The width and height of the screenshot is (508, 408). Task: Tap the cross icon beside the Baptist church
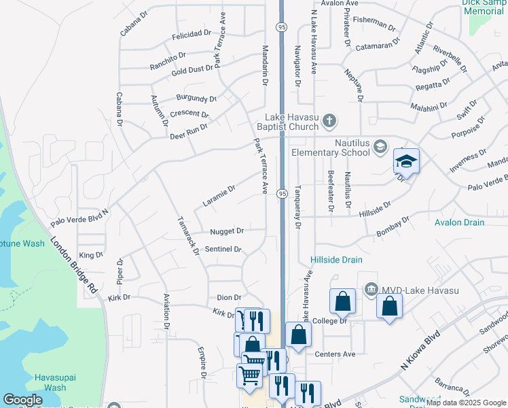coord(329,122)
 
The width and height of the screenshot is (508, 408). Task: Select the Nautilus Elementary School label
coord(331,148)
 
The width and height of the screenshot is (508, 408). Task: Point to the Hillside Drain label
coord(336,260)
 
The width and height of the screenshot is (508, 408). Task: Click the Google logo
coord(22,400)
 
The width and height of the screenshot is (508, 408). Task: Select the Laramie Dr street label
coord(219,196)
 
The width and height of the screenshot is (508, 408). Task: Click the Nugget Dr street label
coord(227,231)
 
